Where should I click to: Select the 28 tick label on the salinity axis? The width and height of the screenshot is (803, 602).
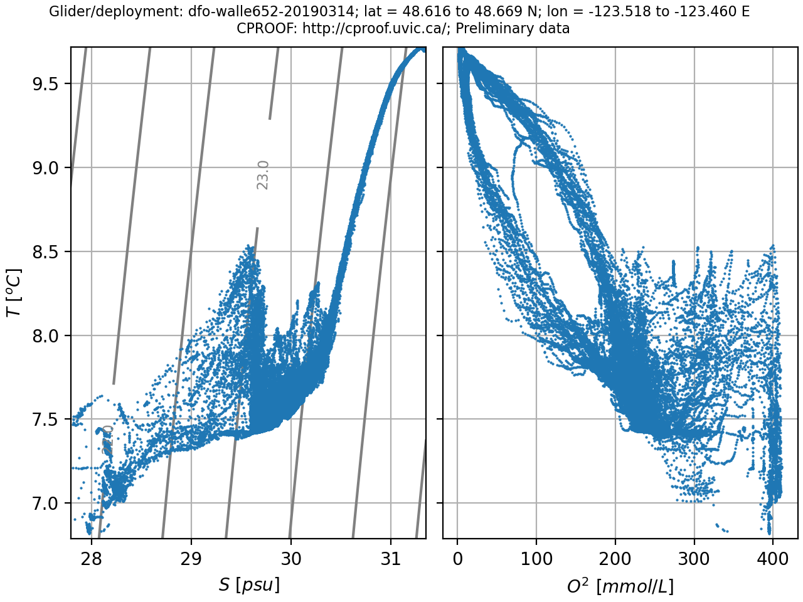[92, 557]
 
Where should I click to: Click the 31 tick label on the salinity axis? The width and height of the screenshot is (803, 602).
[391, 557]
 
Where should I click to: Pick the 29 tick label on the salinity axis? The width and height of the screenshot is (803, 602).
[191, 557]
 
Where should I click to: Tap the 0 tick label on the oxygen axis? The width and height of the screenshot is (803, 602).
[458, 557]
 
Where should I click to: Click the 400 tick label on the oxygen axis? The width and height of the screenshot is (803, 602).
[773, 557]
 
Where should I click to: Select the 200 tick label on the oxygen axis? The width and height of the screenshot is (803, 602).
[615, 557]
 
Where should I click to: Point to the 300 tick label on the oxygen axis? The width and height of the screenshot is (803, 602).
[694, 557]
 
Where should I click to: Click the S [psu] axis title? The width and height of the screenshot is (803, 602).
[249, 585]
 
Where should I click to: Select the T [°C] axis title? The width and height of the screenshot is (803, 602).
[14, 293]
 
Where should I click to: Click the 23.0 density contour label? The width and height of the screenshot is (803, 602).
[263, 175]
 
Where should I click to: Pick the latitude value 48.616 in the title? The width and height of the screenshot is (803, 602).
[410, 12]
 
